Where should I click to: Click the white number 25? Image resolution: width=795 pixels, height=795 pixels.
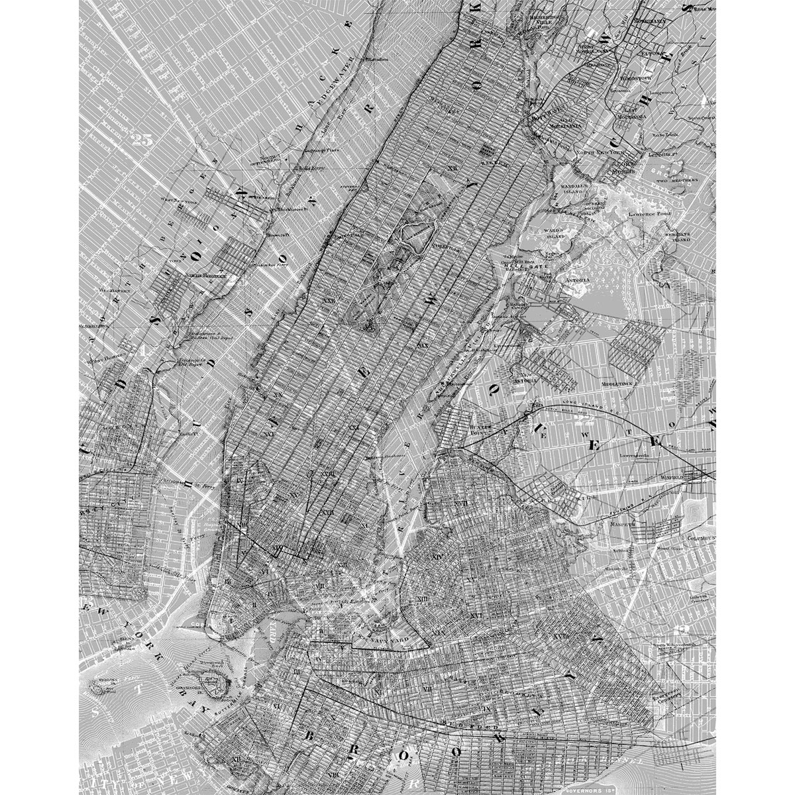click(x=142, y=140)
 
